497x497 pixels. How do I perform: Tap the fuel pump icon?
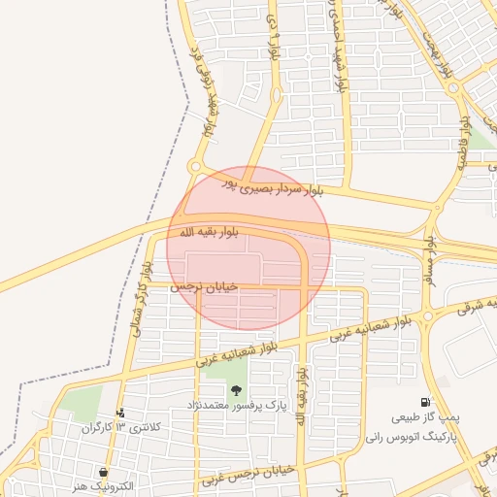tap(425, 402)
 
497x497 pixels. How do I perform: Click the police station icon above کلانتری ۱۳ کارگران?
tap(120, 413)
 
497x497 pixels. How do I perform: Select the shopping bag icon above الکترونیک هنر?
tap(104, 472)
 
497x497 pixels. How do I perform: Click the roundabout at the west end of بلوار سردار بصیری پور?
tap(194, 167)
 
